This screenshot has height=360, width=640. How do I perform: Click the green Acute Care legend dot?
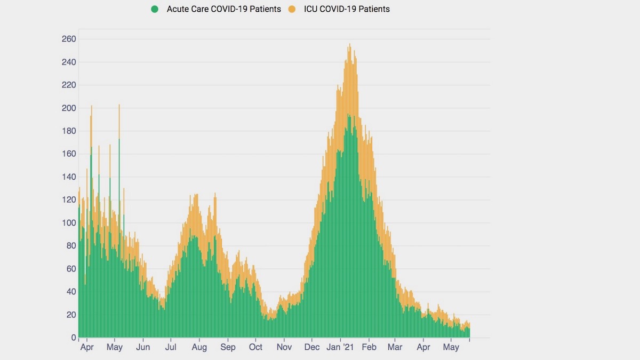pyautogui.click(x=155, y=9)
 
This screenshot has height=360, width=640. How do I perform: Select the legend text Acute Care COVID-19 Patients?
pyautogui.click(x=223, y=9)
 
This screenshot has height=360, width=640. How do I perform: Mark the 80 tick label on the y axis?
pyautogui.click(x=71, y=246)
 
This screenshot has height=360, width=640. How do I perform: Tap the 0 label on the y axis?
pyautogui.click(x=74, y=338)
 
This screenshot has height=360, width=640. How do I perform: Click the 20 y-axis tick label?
pyautogui.click(x=71, y=315)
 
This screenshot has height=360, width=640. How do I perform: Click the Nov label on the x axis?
pyautogui.click(x=284, y=348)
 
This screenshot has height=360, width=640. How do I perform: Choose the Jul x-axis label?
pyautogui.click(x=171, y=348)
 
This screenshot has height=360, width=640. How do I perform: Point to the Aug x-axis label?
pyautogui.click(x=199, y=348)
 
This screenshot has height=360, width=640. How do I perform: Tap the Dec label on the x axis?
pyautogui.click(x=312, y=348)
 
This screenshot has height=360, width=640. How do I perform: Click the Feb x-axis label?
pyautogui.click(x=369, y=348)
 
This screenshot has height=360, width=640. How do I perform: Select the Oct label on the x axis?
pyautogui.click(x=255, y=348)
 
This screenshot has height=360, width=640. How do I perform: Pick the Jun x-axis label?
pyautogui.click(x=143, y=348)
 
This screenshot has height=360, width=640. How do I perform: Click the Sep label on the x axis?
pyautogui.click(x=228, y=348)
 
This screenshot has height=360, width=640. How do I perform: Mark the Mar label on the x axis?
pyautogui.click(x=395, y=348)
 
